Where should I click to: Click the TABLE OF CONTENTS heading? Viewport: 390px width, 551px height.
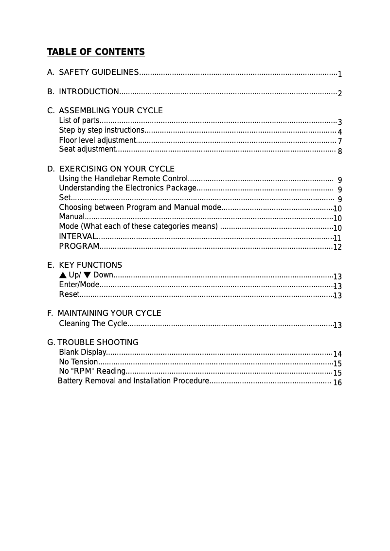point(96,52)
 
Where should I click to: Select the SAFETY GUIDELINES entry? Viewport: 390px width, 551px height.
point(98,72)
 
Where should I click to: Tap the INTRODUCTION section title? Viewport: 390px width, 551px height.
point(89,92)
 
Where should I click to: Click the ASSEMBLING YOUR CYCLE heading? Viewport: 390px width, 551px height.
point(110,111)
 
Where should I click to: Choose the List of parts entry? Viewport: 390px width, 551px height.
point(79,121)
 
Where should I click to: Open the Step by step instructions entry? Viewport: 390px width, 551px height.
point(101,130)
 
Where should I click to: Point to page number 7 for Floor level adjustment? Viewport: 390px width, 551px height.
point(340,141)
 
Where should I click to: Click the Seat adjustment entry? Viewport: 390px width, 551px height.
point(87,149)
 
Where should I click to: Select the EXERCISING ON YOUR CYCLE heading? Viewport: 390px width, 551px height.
point(117,169)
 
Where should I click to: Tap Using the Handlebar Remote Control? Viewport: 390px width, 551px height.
point(123,179)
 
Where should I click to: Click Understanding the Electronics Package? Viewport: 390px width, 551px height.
point(127,188)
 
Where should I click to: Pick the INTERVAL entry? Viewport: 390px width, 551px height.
point(77,237)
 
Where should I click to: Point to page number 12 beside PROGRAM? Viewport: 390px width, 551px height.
point(337,247)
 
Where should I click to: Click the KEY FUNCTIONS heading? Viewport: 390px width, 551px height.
point(90,265)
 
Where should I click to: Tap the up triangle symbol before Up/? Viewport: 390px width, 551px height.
point(63,275)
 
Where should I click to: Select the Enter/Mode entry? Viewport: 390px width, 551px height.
point(79,285)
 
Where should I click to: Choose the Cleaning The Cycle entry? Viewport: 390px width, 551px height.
point(93,324)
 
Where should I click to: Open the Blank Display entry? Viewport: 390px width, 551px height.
point(82,352)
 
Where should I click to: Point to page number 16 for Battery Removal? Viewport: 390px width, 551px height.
point(337,383)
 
